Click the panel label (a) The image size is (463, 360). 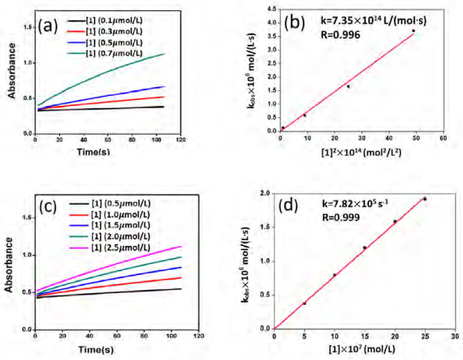(48, 27)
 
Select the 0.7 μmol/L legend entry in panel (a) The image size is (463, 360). (105, 54)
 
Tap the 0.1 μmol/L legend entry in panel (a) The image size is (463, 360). (105, 21)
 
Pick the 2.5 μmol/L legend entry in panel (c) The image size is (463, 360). (110, 247)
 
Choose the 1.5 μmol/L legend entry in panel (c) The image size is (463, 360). (110, 225)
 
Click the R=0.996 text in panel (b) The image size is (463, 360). (341, 35)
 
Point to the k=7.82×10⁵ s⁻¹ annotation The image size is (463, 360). (355, 203)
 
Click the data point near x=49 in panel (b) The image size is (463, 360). (413, 31)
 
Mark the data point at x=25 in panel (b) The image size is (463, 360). (348, 86)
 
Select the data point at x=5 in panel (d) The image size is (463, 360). (304, 303)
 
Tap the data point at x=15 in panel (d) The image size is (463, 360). (365, 247)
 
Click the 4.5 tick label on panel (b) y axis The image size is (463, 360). (273, 10)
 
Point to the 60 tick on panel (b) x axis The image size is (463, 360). (443, 138)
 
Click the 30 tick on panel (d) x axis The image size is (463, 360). (456, 336)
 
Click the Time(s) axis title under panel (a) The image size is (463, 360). (93, 151)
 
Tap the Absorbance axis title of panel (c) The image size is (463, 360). (10, 265)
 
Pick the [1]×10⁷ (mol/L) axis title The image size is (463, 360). (362, 349)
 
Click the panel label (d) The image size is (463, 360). (289, 206)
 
